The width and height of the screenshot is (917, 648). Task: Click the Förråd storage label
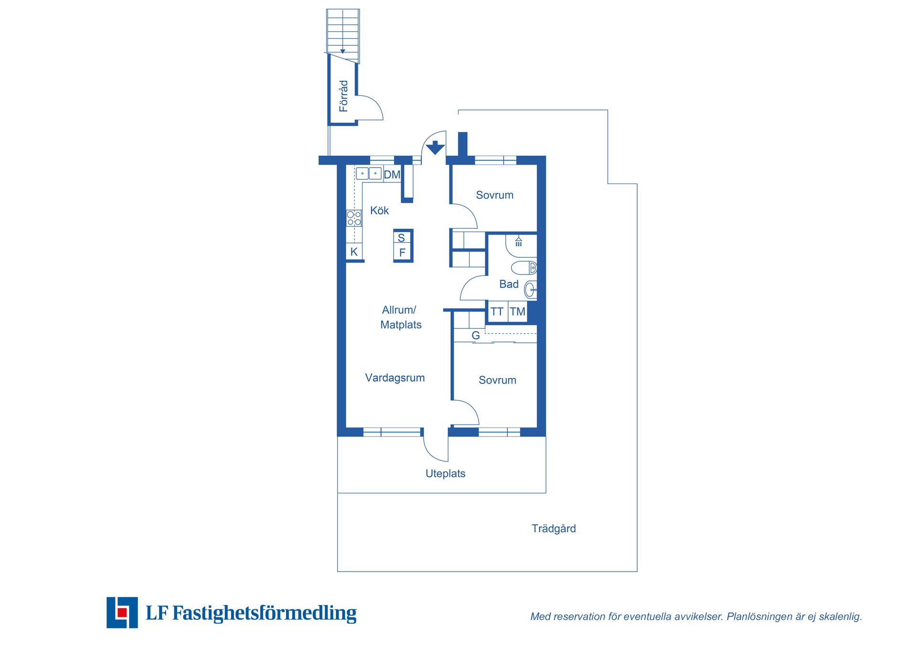pos(343,96)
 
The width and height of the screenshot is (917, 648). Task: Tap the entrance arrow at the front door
pos(435,148)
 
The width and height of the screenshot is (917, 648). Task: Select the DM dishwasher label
pos(392,175)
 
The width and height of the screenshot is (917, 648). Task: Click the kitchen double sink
pos(369,173)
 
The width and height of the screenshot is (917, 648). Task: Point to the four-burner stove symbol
pos(354,218)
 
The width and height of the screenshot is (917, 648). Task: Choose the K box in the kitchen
pos(354,252)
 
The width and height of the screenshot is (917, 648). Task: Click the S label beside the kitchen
pos(401,238)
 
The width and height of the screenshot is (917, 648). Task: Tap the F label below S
pos(402,253)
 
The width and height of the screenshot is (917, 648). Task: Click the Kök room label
pos(380,211)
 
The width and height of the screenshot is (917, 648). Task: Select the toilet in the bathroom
pos(524,267)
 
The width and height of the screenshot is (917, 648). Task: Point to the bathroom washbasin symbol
pos(530,289)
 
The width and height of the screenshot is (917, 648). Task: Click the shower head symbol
pos(519,241)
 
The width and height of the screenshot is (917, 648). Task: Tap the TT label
pos(497,312)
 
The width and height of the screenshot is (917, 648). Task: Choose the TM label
pos(517,312)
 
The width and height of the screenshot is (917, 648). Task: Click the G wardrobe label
pos(476,336)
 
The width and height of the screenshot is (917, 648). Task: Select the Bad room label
pos(509,284)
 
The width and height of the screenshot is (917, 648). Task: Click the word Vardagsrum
pos(395,378)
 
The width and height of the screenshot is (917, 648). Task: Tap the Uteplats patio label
pos(446,473)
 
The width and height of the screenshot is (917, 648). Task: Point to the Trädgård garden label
pos(554,529)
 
